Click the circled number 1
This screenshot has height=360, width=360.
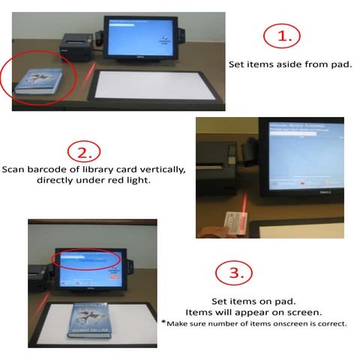[x=283, y=35]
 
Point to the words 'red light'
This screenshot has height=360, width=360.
[x=139, y=181]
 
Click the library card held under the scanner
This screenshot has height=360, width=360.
[x=236, y=220]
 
